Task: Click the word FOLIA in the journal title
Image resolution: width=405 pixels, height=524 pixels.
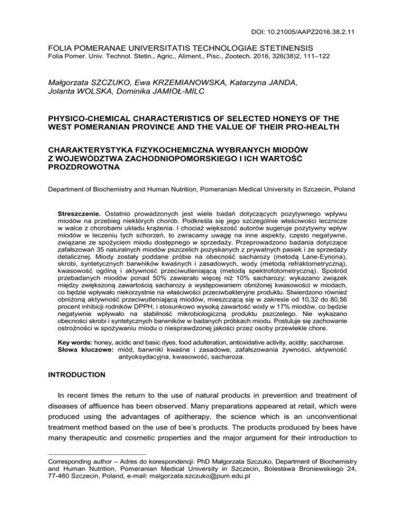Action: click(60, 46)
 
